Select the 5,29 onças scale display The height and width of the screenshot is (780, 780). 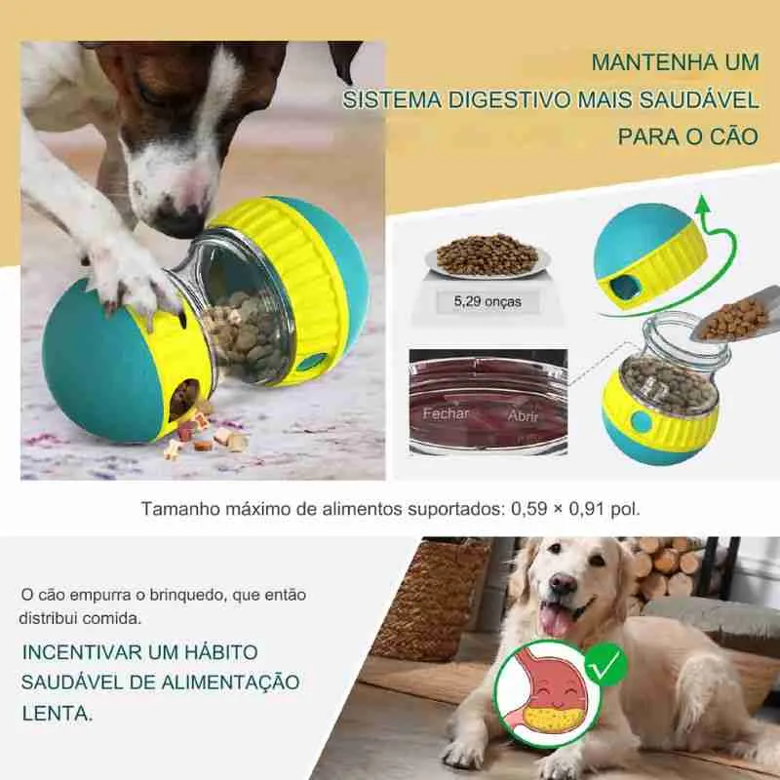487,301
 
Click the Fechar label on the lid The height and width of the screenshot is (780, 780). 446,412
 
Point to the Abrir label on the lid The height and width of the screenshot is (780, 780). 522,414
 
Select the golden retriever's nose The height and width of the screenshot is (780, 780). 563,583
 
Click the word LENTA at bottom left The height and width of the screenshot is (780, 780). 58,713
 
